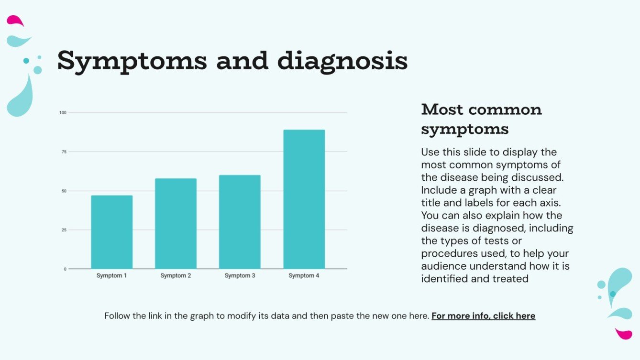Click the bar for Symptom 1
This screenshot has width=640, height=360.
click(x=111, y=232)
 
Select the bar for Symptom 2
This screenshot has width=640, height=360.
click(x=176, y=223)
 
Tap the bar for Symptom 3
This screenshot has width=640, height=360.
click(x=240, y=222)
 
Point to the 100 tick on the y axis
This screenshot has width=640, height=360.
click(x=63, y=113)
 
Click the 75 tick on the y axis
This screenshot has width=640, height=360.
click(x=64, y=152)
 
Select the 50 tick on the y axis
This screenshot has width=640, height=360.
click(x=64, y=191)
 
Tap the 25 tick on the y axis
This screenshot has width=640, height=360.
click(x=64, y=230)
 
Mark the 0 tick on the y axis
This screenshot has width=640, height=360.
click(x=65, y=269)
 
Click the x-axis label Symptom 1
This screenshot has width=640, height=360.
click(x=111, y=276)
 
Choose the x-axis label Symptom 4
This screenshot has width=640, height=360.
click(x=304, y=276)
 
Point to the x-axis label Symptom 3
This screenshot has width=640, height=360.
click(x=240, y=276)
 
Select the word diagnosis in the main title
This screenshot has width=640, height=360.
click(x=342, y=61)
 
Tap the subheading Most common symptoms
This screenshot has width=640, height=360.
click(x=481, y=119)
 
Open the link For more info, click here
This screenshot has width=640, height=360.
click(x=483, y=316)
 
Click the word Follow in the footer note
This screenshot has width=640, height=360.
click(x=118, y=316)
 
